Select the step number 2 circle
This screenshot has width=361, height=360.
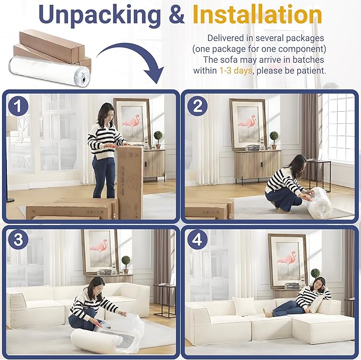point(197,107)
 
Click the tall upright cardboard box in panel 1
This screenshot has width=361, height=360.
point(130,181)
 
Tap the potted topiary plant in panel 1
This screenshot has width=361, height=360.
point(158,139)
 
